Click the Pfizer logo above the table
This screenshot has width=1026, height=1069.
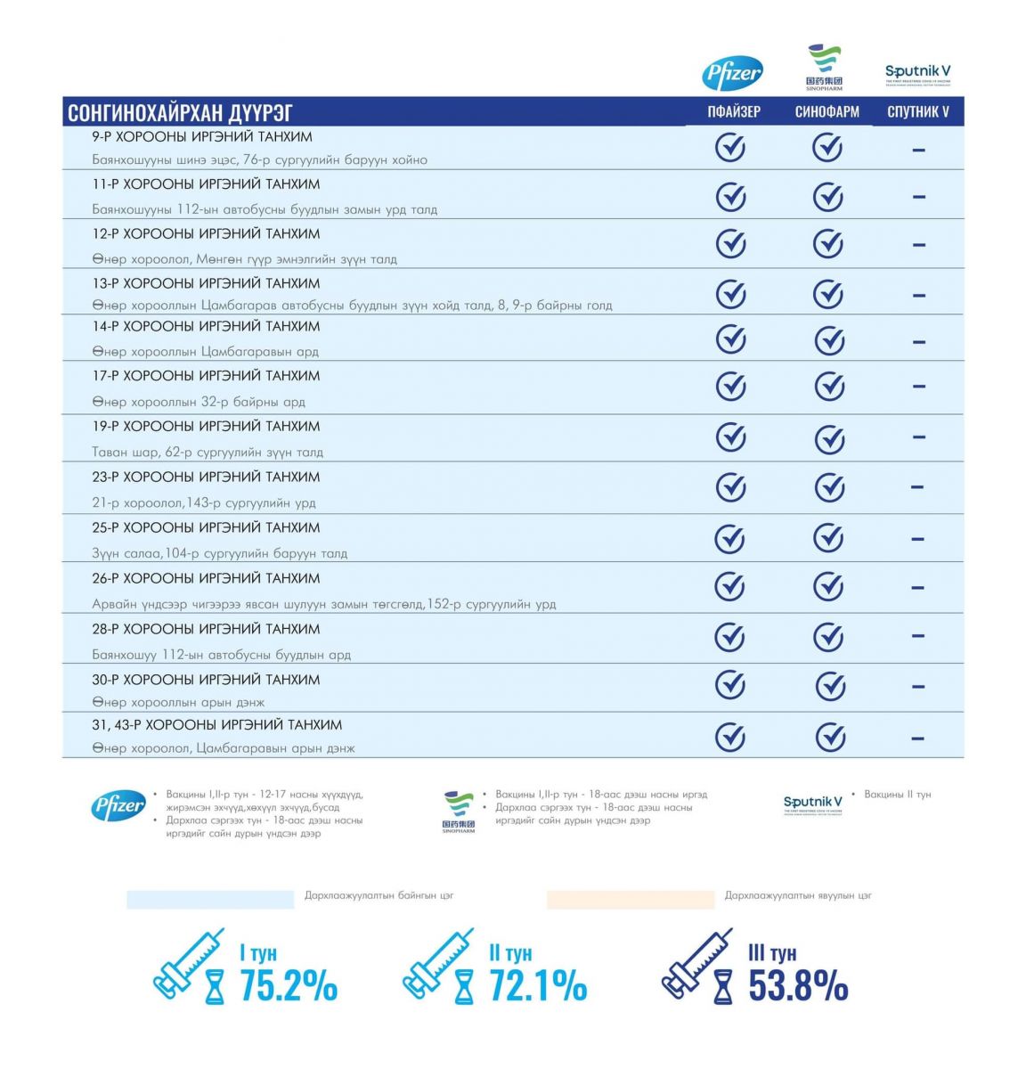click(x=732, y=74)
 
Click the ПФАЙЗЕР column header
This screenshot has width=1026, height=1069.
click(x=734, y=112)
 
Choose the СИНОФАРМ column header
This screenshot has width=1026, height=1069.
click(x=826, y=112)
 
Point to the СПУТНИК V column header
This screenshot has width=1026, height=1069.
click(x=918, y=112)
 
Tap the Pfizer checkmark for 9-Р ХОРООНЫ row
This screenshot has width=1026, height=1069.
click(x=730, y=147)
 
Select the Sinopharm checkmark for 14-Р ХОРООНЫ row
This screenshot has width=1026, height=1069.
click(x=829, y=339)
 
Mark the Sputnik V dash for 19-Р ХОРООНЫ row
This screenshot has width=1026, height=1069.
click(x=918, y=437)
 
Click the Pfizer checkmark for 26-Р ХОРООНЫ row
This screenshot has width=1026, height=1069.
click(x=730, y=586)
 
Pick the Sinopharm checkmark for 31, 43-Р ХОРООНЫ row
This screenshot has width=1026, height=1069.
click(x=830, y=737)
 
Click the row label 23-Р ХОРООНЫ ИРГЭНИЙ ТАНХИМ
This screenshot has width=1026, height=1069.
click(x=206, y=477)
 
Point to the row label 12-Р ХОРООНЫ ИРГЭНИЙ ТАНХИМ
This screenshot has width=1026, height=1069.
click(x=206, y=233)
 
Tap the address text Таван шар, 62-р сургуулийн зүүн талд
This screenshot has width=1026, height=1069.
click(x=208, y=452)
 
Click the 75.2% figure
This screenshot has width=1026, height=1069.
click(x=289, y=986)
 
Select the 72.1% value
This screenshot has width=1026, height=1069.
click(x=538, y=986)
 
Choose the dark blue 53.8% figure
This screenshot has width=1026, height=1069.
click(x=797, y=986)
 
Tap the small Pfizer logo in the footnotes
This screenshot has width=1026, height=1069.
click(x=118, y=806)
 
